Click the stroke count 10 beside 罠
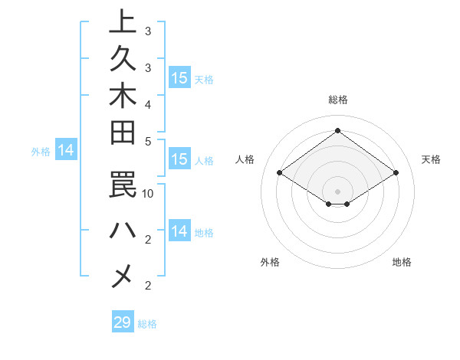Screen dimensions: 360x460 149,193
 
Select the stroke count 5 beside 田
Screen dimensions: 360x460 148,141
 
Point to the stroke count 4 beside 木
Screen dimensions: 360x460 148,103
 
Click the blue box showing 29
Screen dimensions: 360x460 123,322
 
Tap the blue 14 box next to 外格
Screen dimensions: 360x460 66,151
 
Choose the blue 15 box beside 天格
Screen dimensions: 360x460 179,78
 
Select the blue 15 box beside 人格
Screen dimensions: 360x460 179,160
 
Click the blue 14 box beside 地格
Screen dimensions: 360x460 179,231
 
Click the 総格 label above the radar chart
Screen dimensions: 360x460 337,100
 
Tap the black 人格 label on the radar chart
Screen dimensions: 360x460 245,159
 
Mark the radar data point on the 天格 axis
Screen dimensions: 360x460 396,173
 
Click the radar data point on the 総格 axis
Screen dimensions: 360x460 337,130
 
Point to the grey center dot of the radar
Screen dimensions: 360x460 337,191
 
